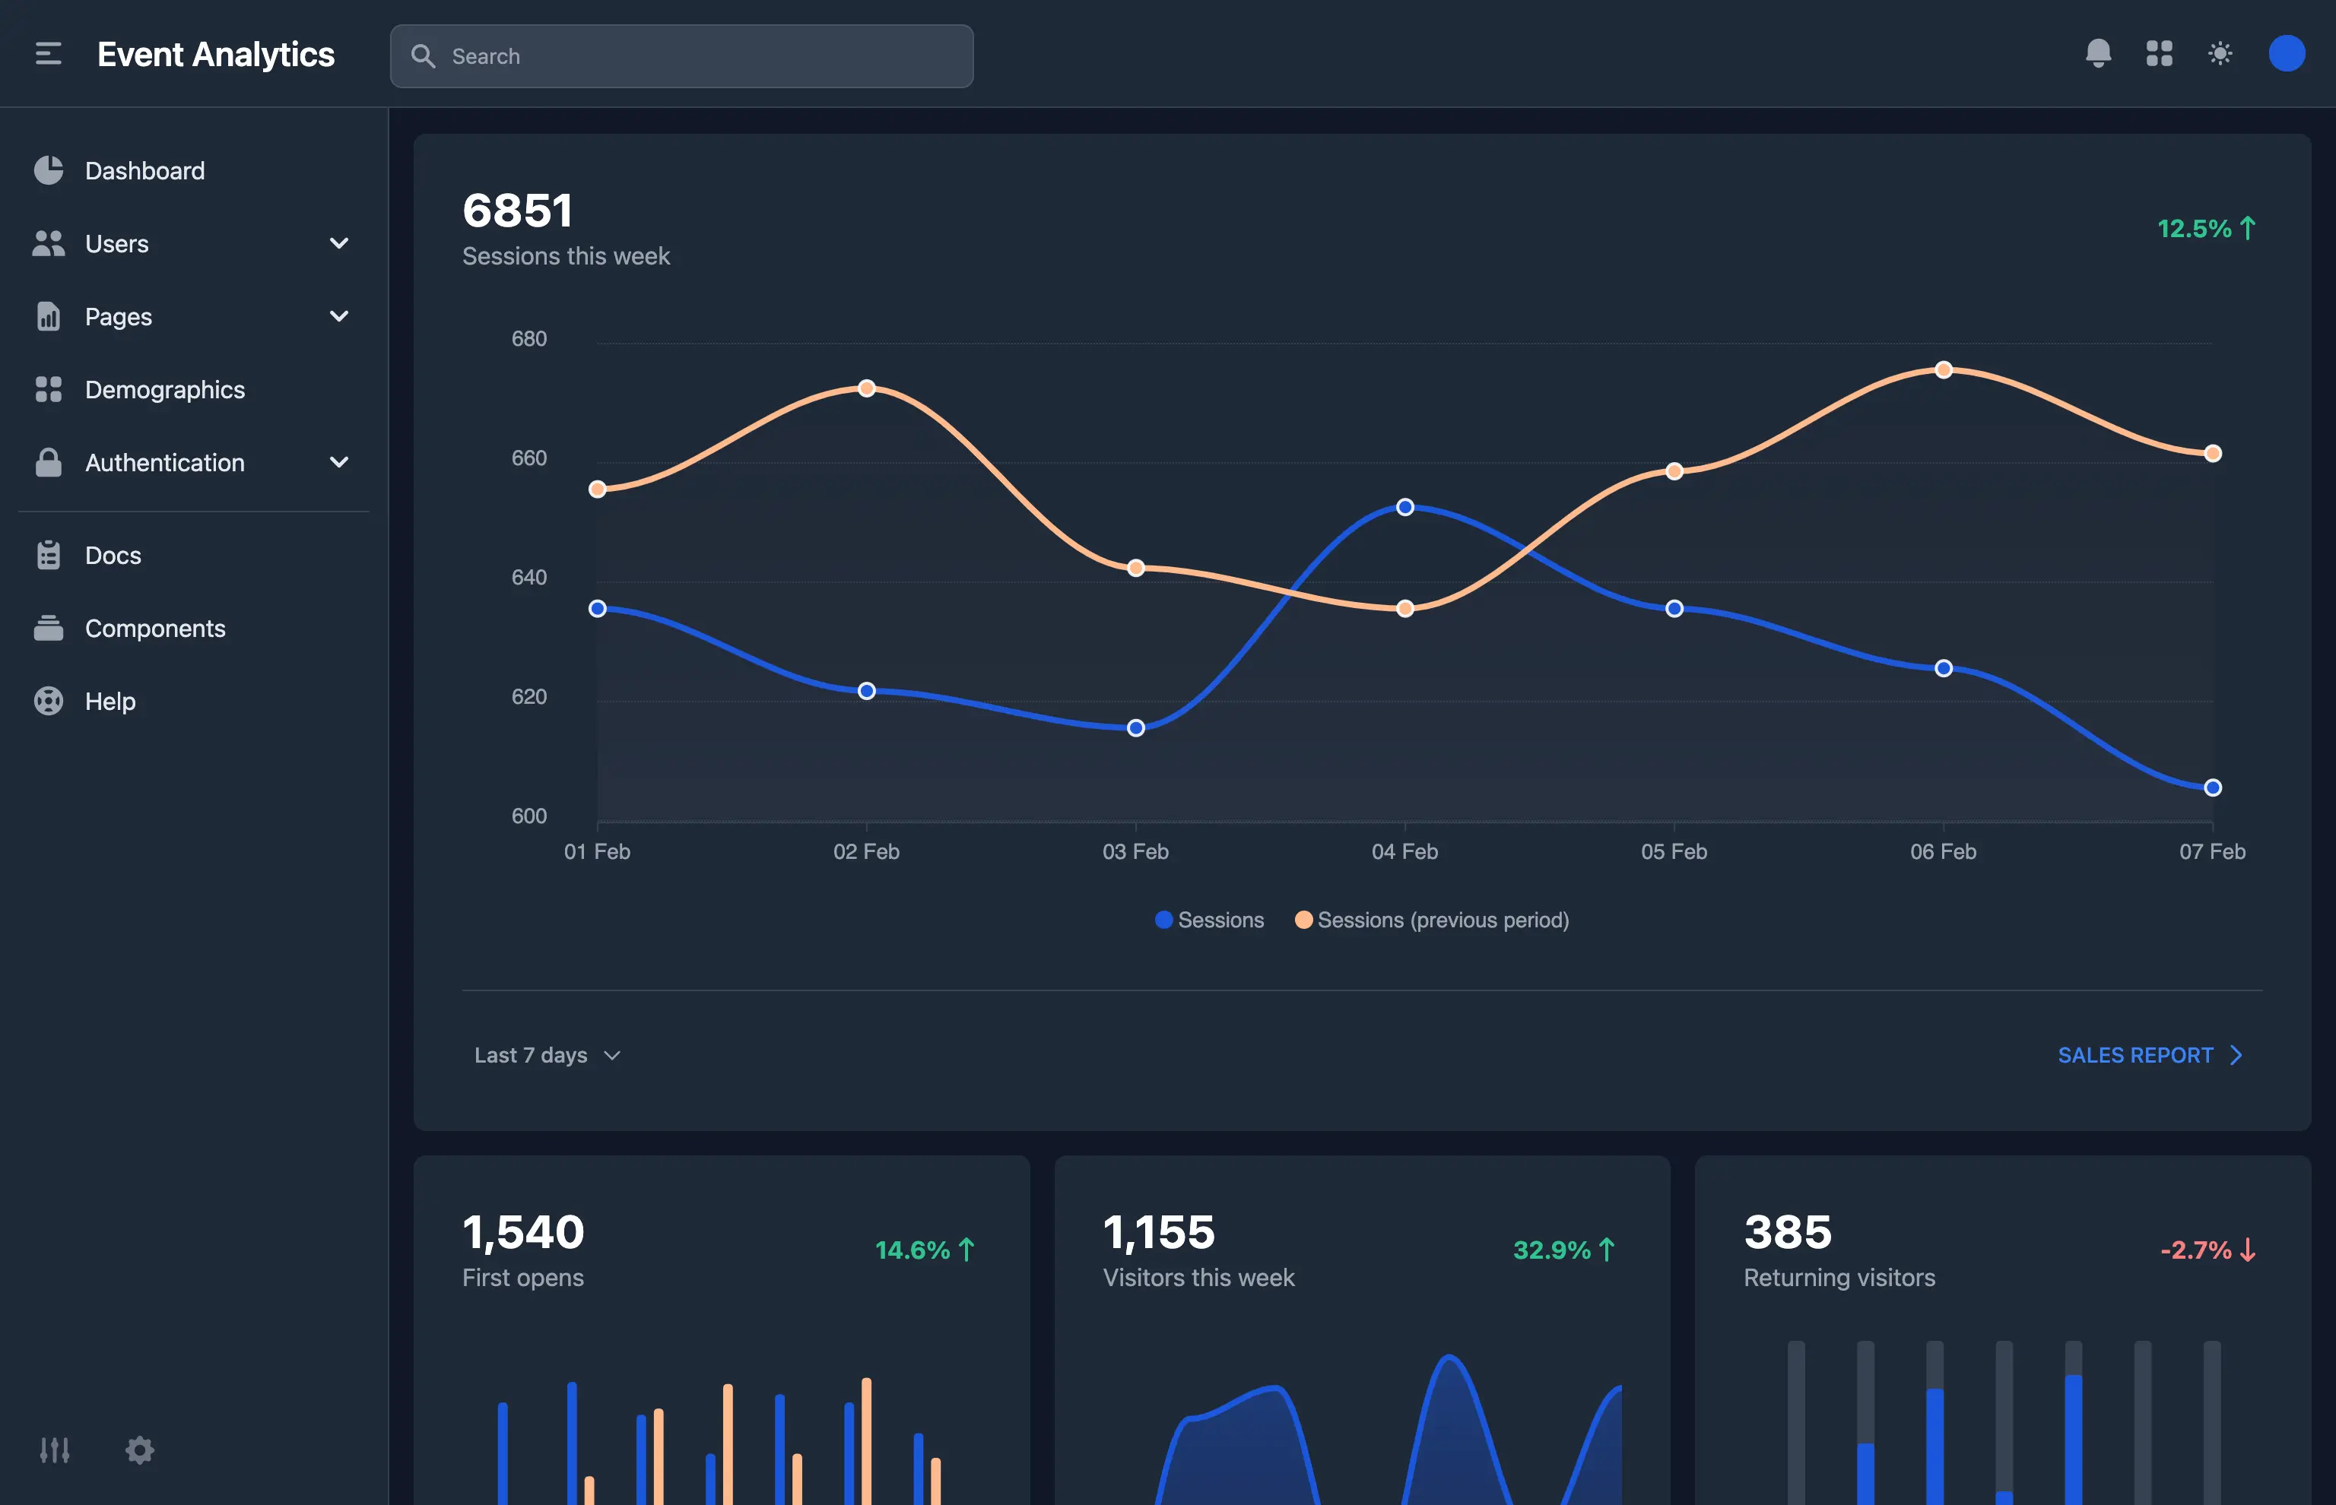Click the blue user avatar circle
click(2286, 54)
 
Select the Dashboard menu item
click(144, 171)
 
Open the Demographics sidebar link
click(164, 390)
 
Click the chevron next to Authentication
click(339, 462)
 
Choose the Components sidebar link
click(154, 629)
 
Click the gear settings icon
click(140, 1450)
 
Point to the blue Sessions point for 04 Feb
click(1404, 507)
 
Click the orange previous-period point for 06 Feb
click(1943, 369)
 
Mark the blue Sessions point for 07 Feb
click(2213, 787)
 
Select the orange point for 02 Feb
click(866, 388)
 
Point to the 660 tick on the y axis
click(528, 458)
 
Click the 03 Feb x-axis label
click(1135, 851)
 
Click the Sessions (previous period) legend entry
click(1432, 920)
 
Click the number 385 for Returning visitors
click(1787, 1232)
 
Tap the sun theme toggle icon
click(2220, 54)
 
